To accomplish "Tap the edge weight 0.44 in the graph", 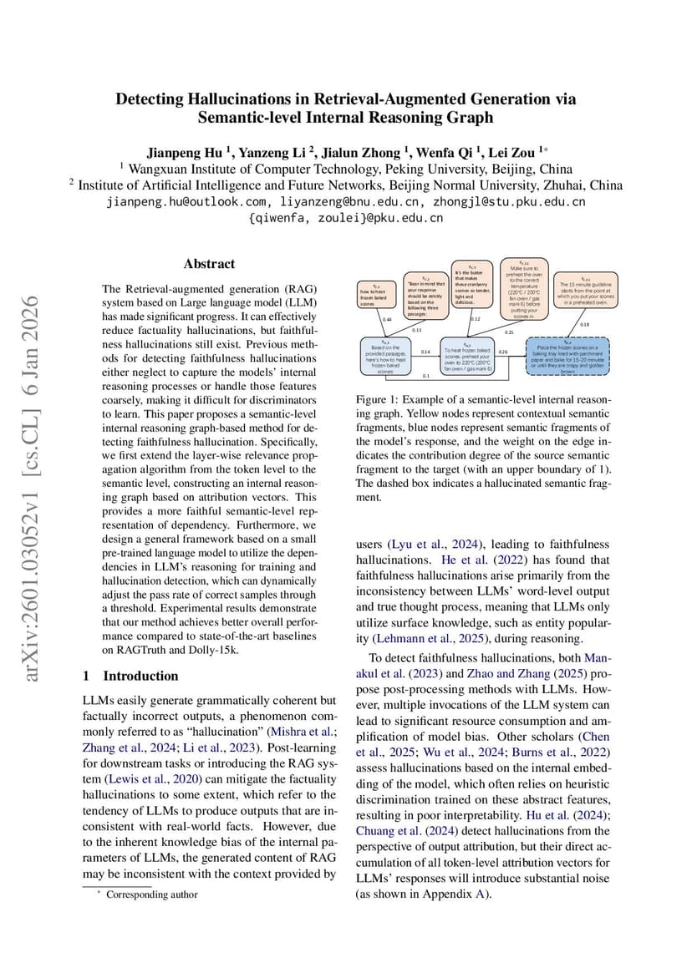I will [x=387, y=319].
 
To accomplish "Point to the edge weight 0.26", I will [x=503, y=352].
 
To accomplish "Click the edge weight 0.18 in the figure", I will [x=584, y=324].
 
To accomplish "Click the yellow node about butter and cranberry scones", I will [x=471, y=286].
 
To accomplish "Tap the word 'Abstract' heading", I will [x=209, y=264].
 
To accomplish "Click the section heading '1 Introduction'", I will [x=130, y=676].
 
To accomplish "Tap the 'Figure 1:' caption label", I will [x=378, y=400].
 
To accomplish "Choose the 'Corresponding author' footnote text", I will [x=152, y=894].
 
